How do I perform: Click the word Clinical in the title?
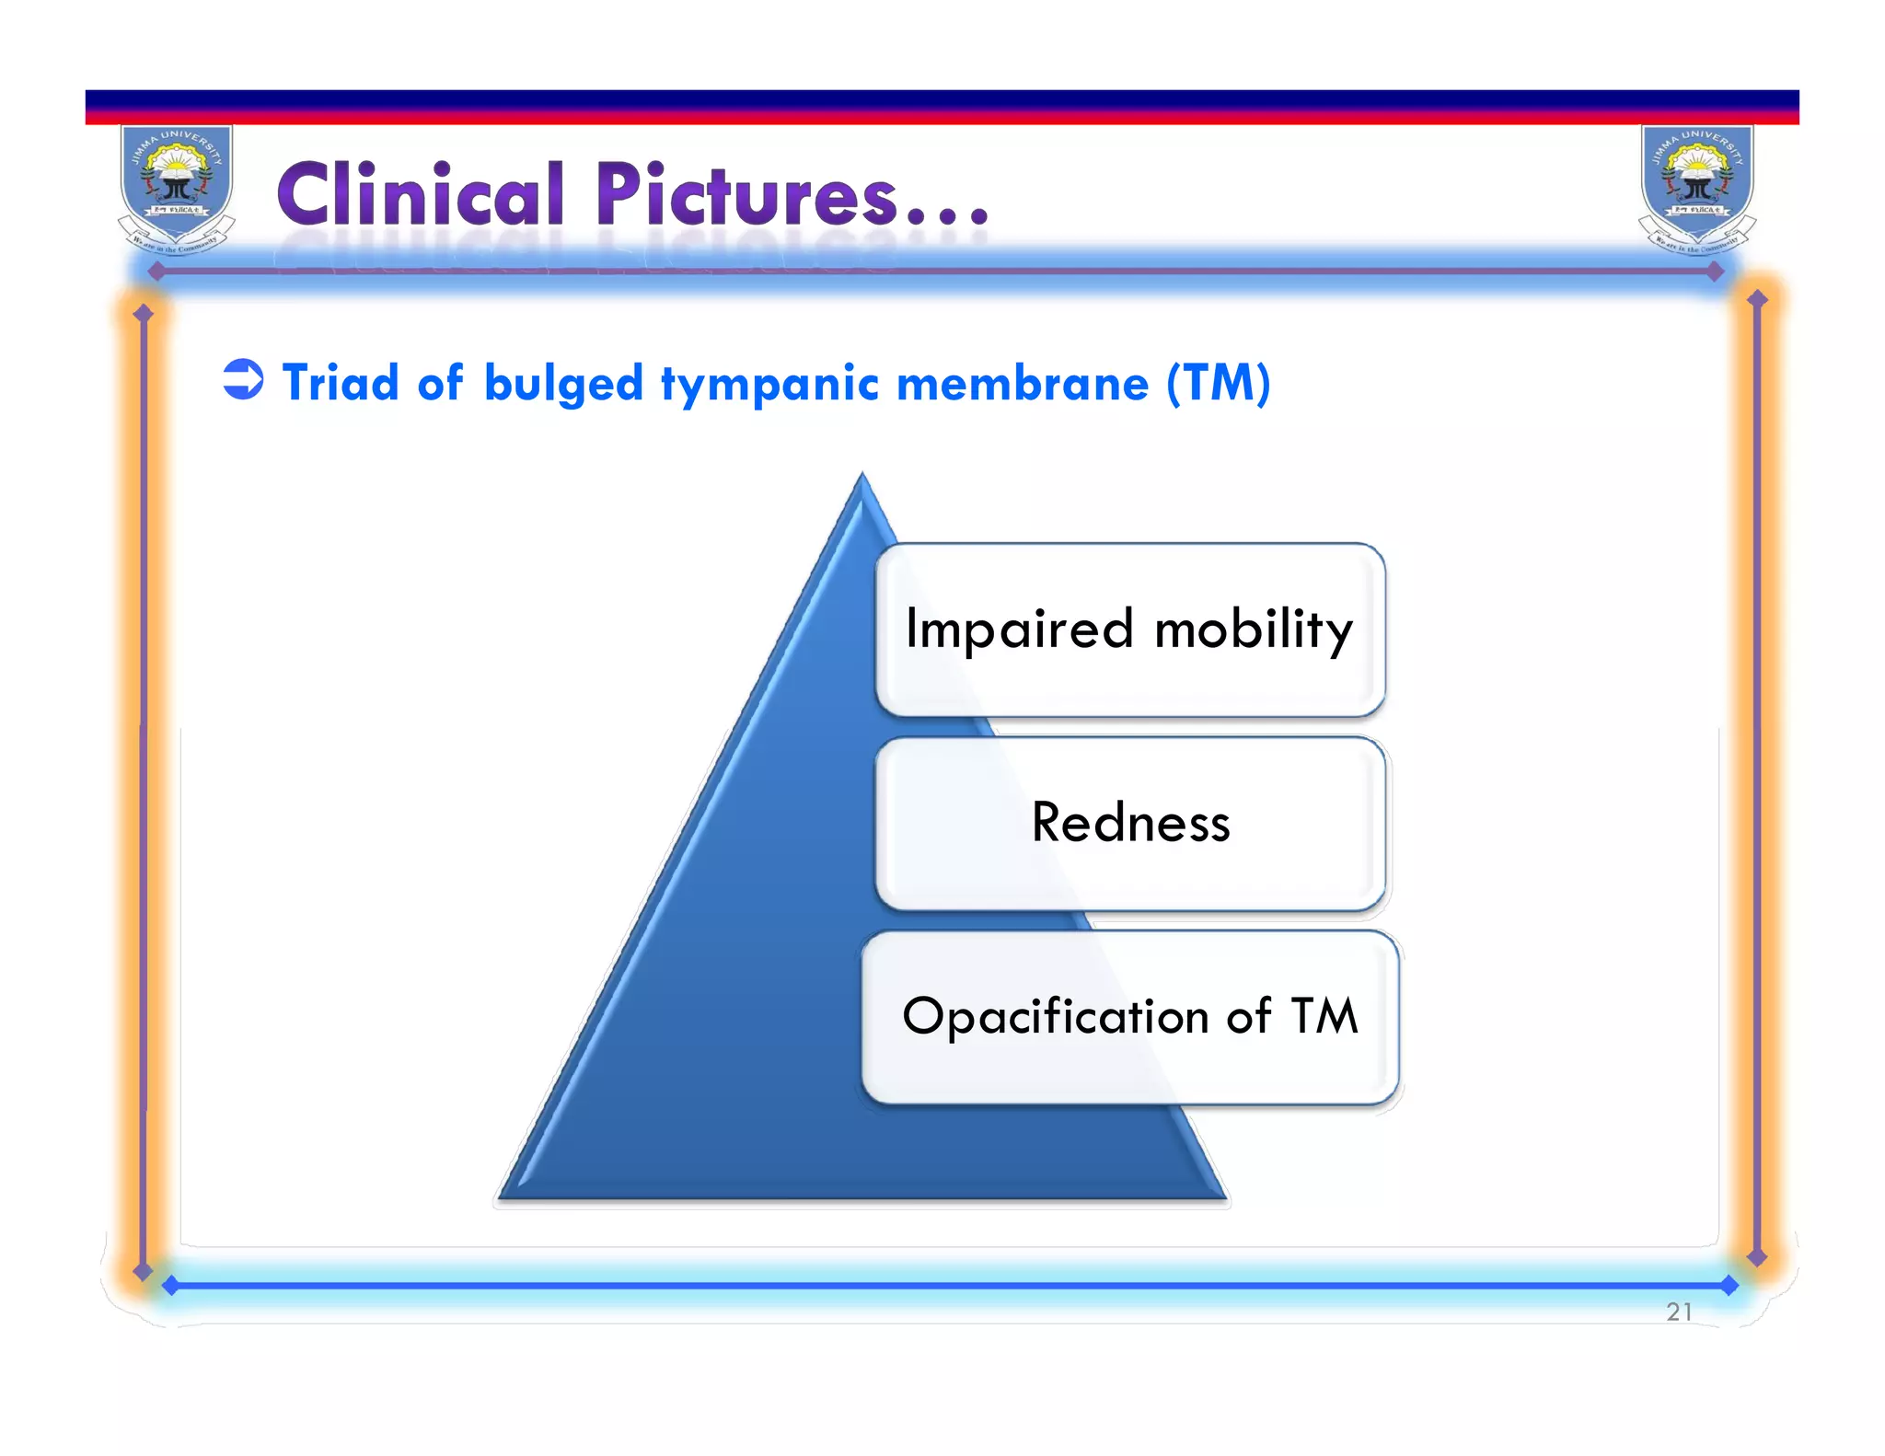[x=419, y=195]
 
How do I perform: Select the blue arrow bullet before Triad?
[x=243, y=379]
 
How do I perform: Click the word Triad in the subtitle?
[x=340, y=383]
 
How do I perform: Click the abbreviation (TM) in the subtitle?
[x=1218, y=383]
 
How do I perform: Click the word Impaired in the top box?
[x=1019, y=630]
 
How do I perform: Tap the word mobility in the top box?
[x=1253, y=631]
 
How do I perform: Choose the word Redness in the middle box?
[x=1130, y=823]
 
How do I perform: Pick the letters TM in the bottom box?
[x=1324, y=1016]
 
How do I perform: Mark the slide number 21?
[x=1679, y=1312]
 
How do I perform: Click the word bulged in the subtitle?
[x=562, y=385]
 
